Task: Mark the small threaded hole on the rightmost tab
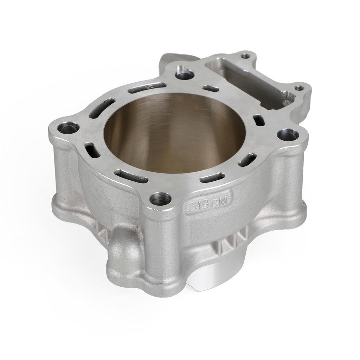pyautogui.click(x=299, y=88)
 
